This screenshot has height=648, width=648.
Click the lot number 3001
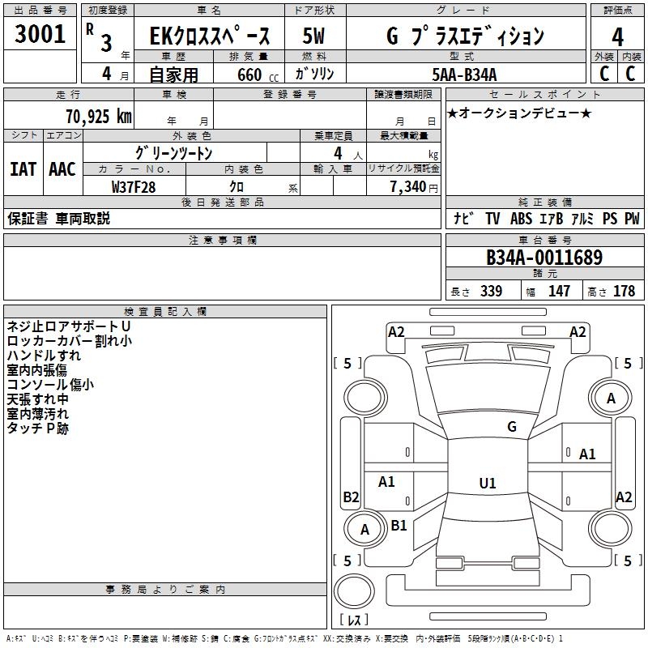click(x=40, y=34)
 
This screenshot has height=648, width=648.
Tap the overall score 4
click(x=617, y=37)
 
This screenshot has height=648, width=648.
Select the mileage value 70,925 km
click(x=99, y=117)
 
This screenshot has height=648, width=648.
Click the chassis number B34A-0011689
click(x=544, y=258)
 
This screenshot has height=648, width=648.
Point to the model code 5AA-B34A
click(x=464, y=75)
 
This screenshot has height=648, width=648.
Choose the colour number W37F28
click(x=134, y=187)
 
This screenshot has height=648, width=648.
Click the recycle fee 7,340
click(x=408, y=187)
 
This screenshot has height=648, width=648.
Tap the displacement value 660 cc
click(x=258, y=75)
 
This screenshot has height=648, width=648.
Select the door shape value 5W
click(x=313, y=36)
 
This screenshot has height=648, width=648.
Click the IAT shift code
click(x=23, y=169)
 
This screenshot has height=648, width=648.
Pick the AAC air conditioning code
click(x=62, y=169)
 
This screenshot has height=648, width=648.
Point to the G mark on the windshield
click(x=512, y=427)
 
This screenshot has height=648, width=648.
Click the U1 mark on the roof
click(x=488, y=483)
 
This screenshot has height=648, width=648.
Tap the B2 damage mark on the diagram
click(x=351, y=497)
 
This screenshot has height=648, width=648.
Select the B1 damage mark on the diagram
click(x=399, y=525)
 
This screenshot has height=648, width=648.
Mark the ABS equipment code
click(x=521, y=219)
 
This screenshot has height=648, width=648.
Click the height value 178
click(x=624, y=291)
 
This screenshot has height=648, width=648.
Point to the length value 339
click(x=491, y=291)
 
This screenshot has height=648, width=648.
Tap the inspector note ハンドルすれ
click(x=44, y=356)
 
